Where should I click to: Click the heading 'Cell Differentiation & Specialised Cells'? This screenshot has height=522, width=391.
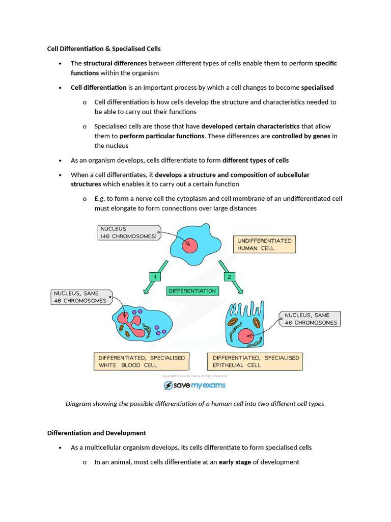(x=104, y=49)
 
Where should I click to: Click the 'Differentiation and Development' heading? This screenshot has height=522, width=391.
(x=97, y=433)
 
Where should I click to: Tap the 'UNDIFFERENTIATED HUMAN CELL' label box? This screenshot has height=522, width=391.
(x=264, y=244)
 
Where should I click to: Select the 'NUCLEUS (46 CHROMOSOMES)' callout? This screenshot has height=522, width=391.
(x=128, y=232)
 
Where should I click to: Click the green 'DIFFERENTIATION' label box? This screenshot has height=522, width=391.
(x=192, y=291)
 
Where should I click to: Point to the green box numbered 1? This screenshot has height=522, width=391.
(x=154, y=276)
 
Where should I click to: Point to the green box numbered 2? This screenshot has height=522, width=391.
(x=229, y=276)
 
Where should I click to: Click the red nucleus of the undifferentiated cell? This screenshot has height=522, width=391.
(x=189, y=245)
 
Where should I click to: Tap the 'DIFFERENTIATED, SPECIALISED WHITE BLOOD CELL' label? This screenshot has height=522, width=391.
(x=142, y=361)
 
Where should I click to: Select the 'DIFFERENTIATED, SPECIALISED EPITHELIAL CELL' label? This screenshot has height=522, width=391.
(x=256, y=361)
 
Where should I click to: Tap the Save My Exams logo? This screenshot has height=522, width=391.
(x=194, y=385)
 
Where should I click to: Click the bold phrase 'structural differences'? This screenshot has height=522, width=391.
(x=115, y=63)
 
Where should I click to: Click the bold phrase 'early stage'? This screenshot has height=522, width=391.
(x=235, y=462)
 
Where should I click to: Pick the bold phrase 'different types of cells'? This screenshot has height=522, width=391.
(x=256, y=160)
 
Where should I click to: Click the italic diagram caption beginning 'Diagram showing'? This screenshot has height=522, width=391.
(x=195, y=404)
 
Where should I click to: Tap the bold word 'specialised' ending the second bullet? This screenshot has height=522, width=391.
(x=317, y=88)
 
